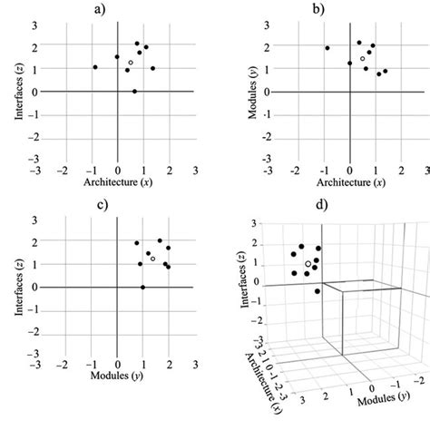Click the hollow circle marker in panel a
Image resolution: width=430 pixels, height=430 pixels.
pos(131,63)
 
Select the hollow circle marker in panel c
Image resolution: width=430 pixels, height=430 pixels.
pos(153,259)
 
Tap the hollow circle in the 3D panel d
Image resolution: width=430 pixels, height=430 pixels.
pos(308,264)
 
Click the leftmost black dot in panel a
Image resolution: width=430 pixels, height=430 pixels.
pos(94,67)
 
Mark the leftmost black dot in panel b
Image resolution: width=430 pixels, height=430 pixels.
pos(327,48)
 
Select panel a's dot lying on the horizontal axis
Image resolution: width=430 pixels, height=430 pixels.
pos(134,91)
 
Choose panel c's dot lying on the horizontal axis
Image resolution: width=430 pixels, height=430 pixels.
pos(142,287)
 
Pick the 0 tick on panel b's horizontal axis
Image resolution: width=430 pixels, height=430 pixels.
pos(350,171)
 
